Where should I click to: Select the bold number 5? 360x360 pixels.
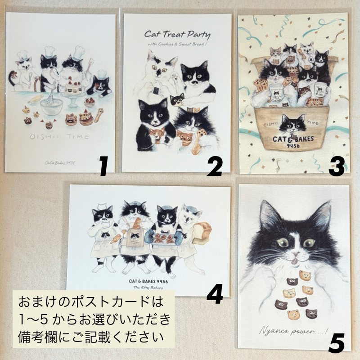tap(336, 343)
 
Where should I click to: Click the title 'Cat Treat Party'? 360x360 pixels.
tap(177, 34)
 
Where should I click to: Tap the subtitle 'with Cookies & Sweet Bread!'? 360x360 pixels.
tap(177, 44)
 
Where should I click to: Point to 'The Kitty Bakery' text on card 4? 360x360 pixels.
tap(148, 287)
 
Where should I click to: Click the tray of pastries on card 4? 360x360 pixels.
tap(165, 238)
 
